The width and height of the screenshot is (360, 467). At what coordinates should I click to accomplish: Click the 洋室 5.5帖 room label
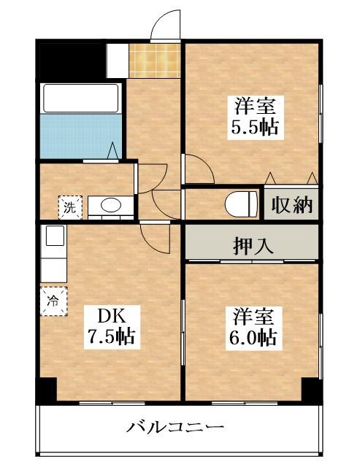254,115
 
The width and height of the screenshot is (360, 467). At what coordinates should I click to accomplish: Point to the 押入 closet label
253,245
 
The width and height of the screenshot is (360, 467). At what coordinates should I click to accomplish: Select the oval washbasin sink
111,207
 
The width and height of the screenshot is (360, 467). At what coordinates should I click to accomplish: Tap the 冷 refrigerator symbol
53,299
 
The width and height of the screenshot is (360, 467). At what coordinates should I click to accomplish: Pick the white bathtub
80,98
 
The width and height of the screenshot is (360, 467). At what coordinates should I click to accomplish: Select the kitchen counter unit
53,252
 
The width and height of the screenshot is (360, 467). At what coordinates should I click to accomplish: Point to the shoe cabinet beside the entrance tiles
117,60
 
